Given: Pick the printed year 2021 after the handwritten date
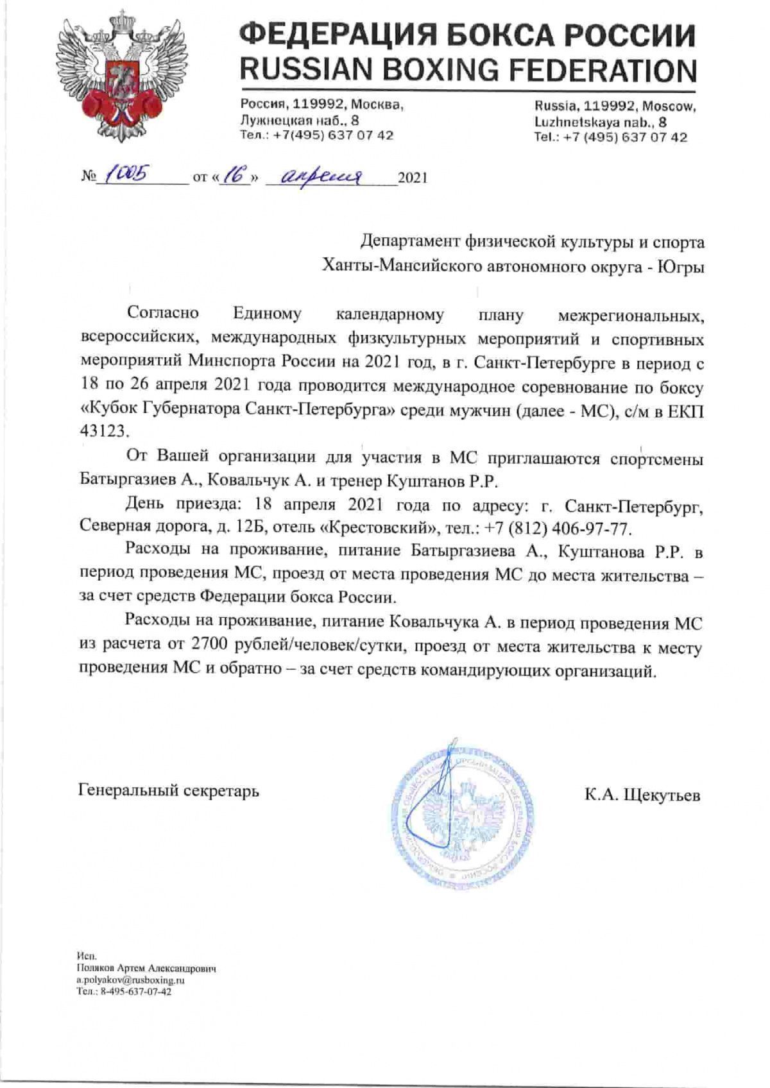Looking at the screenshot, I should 412,178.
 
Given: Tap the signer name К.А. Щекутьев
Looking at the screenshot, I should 642,796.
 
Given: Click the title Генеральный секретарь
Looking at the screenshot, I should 169,790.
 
